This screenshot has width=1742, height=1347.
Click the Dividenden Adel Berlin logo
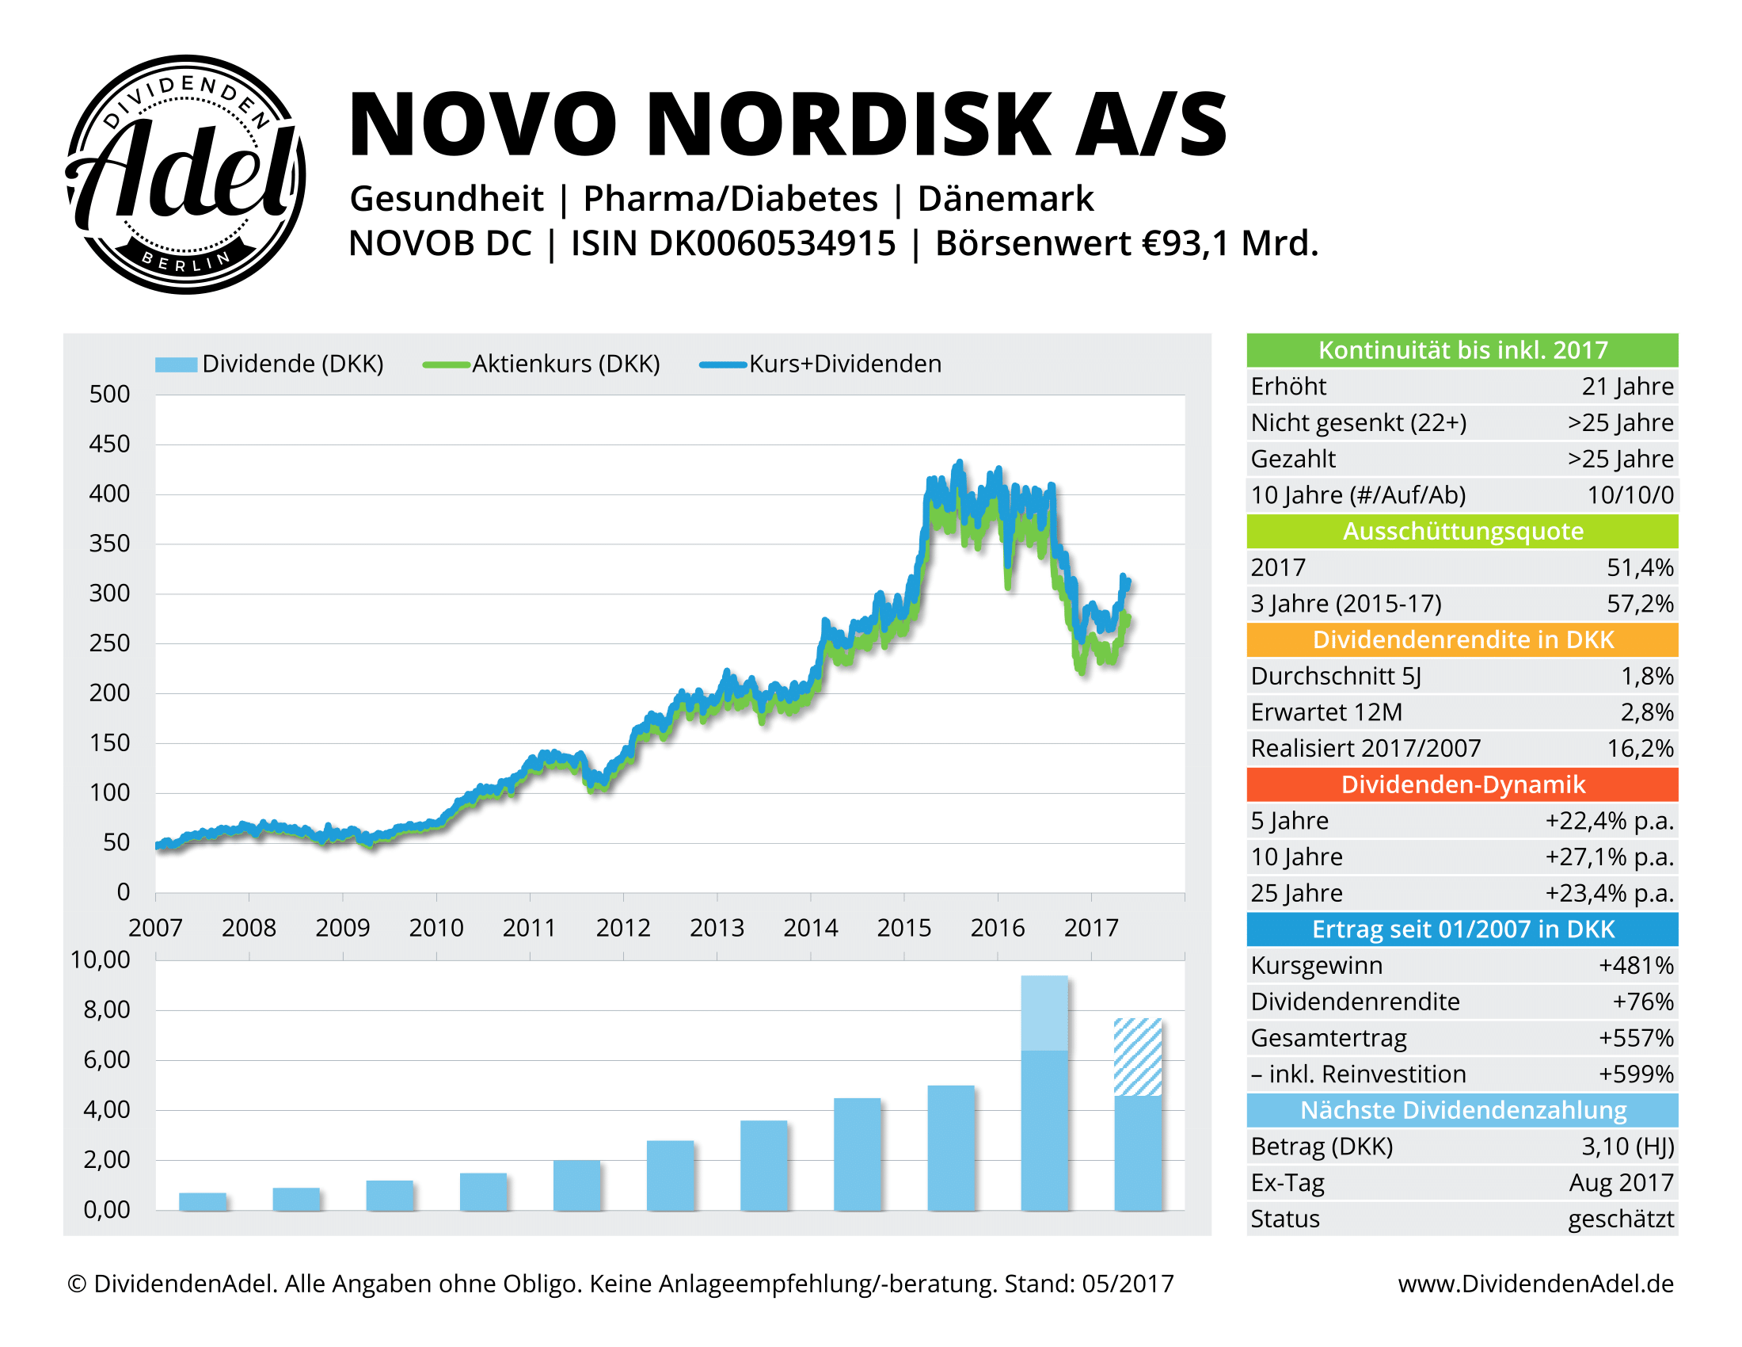coord(185,174)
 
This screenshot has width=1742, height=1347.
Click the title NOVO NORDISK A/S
coord(786,124)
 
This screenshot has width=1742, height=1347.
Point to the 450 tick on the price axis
coord(109,444)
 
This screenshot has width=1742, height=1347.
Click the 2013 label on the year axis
coord(717,927)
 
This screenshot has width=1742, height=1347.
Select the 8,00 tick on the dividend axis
coord(106,1009)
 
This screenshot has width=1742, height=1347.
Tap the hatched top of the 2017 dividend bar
coord(1137,1056)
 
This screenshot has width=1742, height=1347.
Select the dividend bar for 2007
coord(203,1201)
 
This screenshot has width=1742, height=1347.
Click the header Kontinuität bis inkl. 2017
coord(1461,350)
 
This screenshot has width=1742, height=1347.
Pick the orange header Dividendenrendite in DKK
coord(1461,640)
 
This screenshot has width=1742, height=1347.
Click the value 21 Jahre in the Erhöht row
coord(1627,386)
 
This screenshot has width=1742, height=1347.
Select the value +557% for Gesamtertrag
coord(1635,1037)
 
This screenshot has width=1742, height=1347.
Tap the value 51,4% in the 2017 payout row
coord(1639,567)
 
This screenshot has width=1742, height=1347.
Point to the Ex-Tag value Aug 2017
coord(1621,1183)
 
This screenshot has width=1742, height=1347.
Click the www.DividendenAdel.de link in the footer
coord(1535,1283)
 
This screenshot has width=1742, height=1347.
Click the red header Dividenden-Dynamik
coord(1461,784)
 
